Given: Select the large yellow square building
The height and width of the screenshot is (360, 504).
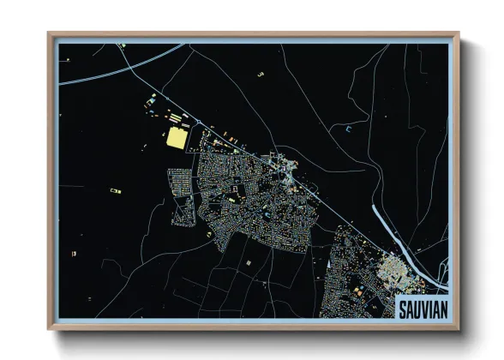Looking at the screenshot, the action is click(177, 139).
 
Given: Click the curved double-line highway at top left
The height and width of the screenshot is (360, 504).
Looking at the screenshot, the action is click(94, 79).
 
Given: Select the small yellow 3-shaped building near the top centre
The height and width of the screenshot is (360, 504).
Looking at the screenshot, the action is click(260, 75).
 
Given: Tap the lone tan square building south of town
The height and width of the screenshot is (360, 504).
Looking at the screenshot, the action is click(248, 261).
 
